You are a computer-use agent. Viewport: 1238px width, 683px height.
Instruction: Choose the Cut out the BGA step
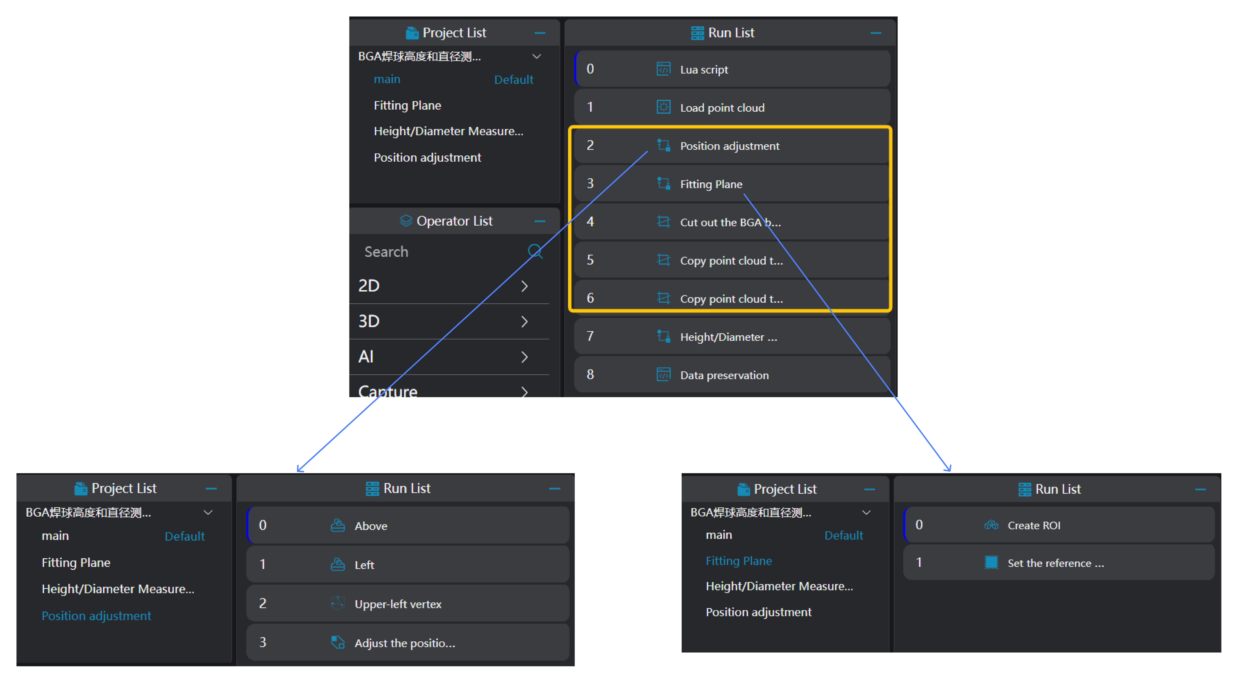(730, 222)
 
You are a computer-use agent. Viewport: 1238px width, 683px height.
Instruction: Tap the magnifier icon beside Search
(535, 251)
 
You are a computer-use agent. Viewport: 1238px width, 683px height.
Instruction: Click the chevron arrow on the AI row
(524, 357)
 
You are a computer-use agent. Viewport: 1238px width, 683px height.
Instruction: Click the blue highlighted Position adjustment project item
(96, 616)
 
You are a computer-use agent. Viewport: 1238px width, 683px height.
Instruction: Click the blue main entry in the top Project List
(387, 79)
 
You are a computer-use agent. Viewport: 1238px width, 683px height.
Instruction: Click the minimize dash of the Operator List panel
(540, 221)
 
